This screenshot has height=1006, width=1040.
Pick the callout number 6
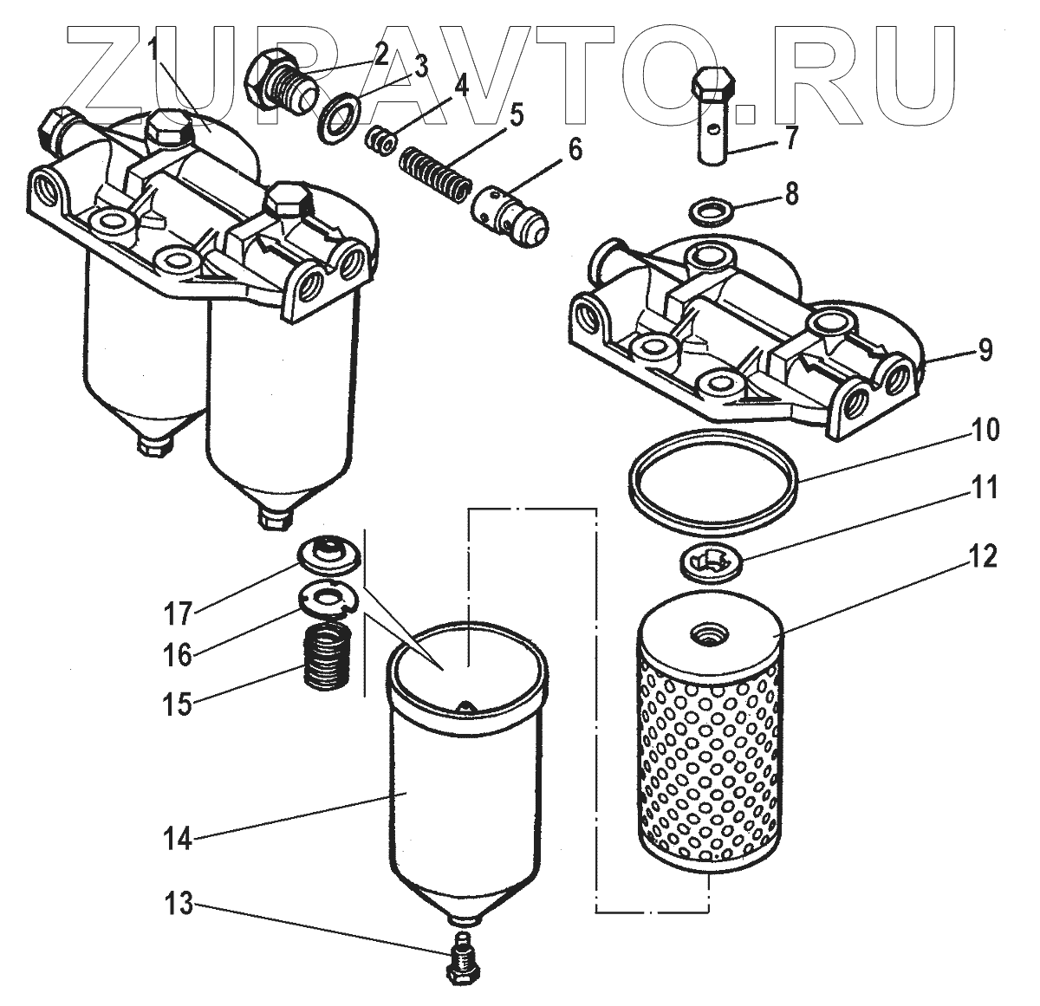click(575, 150)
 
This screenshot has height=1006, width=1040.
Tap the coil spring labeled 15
click(328, 659)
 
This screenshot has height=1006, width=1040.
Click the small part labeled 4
click(378, 140)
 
